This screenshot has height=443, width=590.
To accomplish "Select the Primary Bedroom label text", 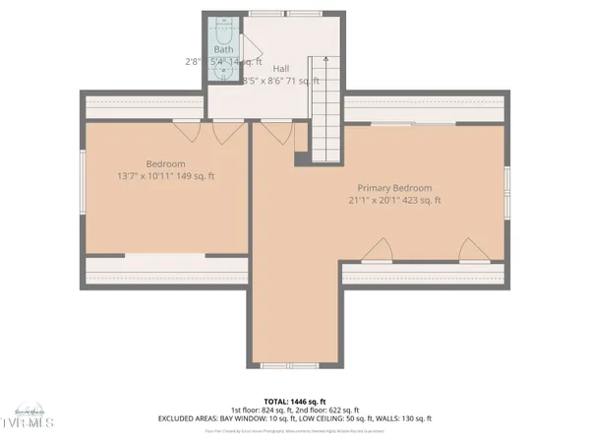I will tap(393, 187).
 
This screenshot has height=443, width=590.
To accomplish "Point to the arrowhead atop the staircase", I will tap(317, 61).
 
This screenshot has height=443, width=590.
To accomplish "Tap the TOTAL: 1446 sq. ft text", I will tap(294, 402).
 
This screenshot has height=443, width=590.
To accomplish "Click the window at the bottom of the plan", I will tap(291, 365).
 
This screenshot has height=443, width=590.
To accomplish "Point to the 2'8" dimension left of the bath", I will tap(193, 61).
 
